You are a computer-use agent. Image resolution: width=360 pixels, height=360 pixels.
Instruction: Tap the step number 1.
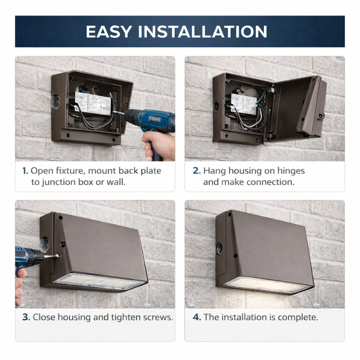(x=25, y=171)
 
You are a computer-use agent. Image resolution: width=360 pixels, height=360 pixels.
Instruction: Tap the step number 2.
(x=196, y=171)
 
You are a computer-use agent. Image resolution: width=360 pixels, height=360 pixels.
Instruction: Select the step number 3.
(x=26, y=317)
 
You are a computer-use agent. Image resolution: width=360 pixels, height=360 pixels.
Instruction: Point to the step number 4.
(x=196, y=317)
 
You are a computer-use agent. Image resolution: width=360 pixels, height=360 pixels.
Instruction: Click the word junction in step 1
(x=60, y=182)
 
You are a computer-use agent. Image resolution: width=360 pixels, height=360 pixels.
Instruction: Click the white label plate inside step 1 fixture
(x=92, y=103)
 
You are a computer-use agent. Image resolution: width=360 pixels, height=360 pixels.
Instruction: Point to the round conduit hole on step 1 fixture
(x=55, y=102)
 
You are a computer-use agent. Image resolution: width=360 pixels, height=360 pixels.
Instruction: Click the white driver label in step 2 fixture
(x=243, y=103)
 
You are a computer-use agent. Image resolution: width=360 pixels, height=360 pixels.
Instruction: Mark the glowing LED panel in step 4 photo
(x=266, y=284)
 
